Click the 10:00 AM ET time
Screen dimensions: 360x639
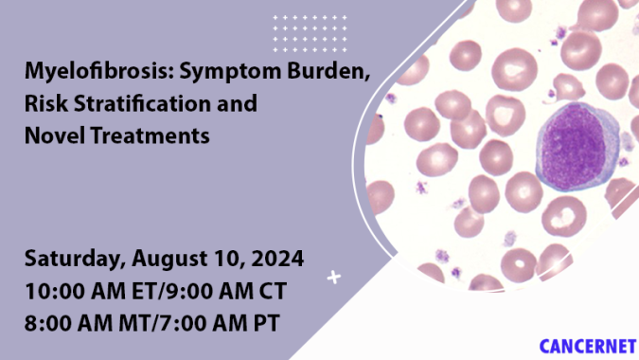84,289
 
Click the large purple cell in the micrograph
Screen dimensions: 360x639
574,144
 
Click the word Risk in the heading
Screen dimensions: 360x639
44,104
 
